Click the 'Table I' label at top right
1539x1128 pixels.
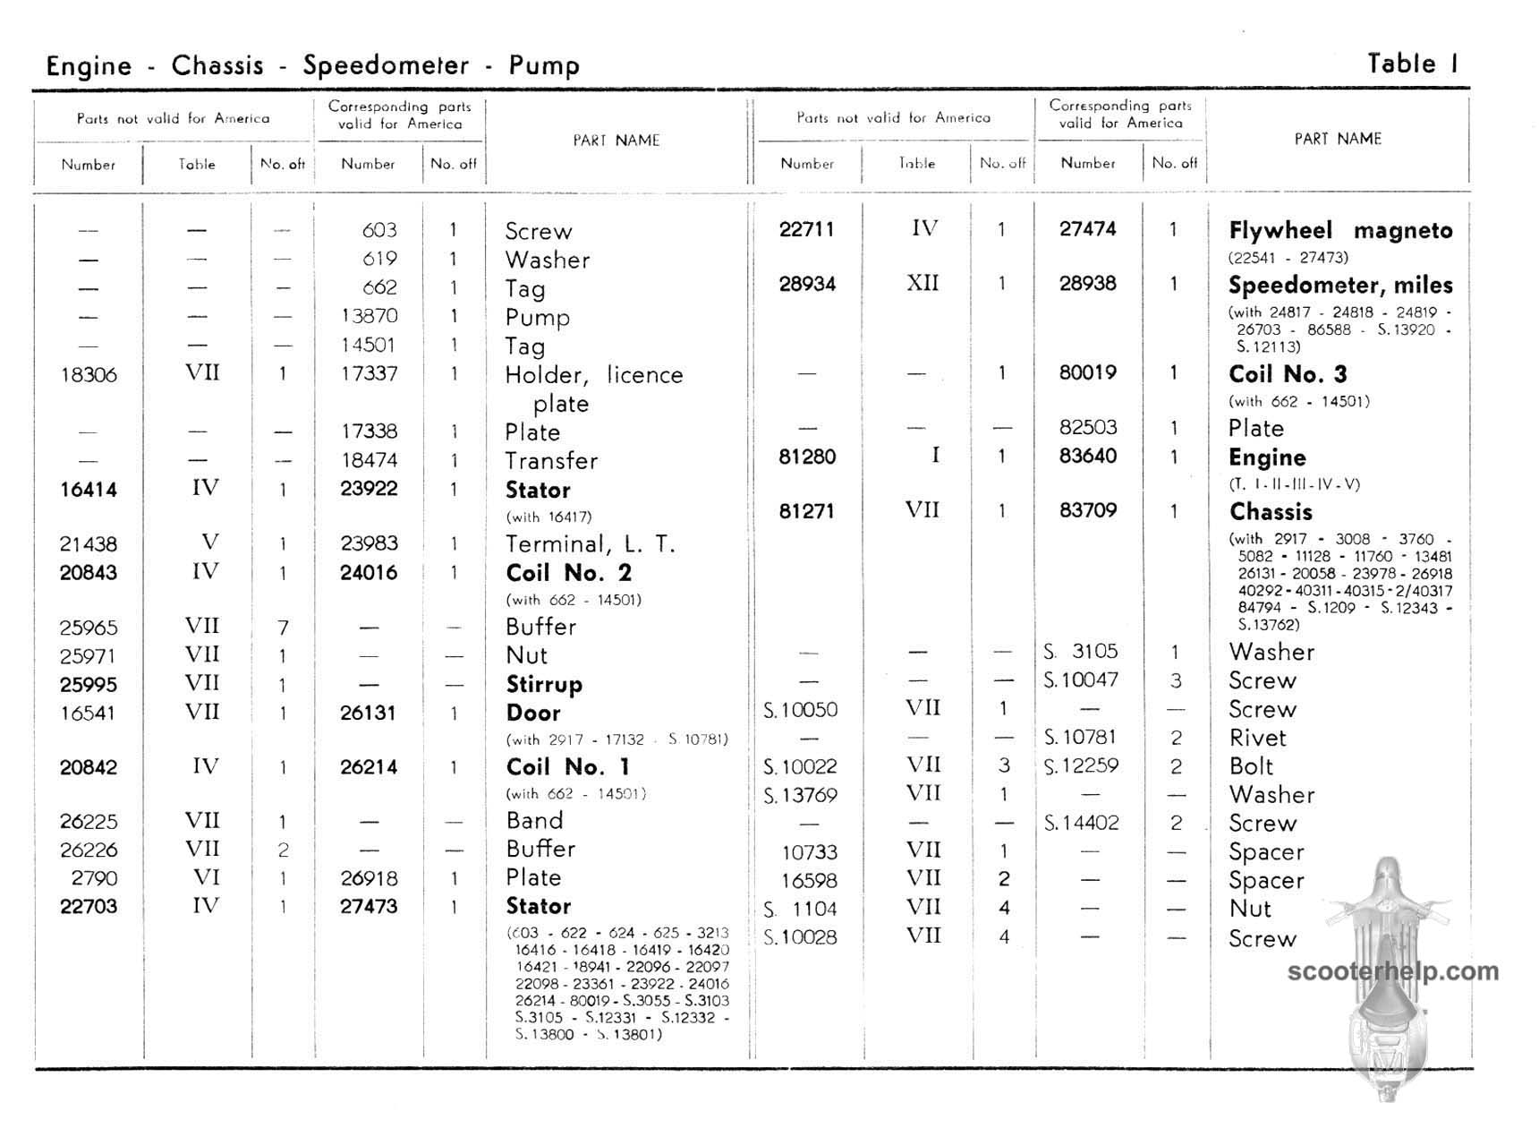[x=1413, y=64]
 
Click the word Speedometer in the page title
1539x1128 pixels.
[x=386, y=65]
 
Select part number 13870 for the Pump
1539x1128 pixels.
[x=369, y=316]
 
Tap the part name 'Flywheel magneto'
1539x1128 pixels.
[x=1340, y=230]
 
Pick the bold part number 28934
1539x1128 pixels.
[x=807, y=284]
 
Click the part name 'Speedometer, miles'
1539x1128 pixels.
[x=1340, y=286]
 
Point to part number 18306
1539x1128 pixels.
[x=89, y=374]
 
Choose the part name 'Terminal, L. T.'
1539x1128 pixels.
[x=590, y=544]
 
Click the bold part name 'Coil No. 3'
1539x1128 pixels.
[x=1288, y=374]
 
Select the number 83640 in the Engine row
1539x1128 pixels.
[x=1088, y=456]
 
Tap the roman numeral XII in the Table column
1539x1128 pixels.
[x=922, y=283]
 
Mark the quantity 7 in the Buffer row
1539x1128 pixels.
[x=283, y=628]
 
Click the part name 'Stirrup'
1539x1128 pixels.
[x=544, y=685]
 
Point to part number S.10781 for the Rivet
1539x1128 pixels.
[x=1081, y=738]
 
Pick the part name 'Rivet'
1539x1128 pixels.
[x=1257, y=739]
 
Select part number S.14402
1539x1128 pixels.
[x=1081, y=823]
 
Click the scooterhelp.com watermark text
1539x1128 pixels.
[x=1392, y=971]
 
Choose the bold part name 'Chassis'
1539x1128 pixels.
[x=1271, y=512]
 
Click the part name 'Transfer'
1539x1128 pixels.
[x=551, y=461]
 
